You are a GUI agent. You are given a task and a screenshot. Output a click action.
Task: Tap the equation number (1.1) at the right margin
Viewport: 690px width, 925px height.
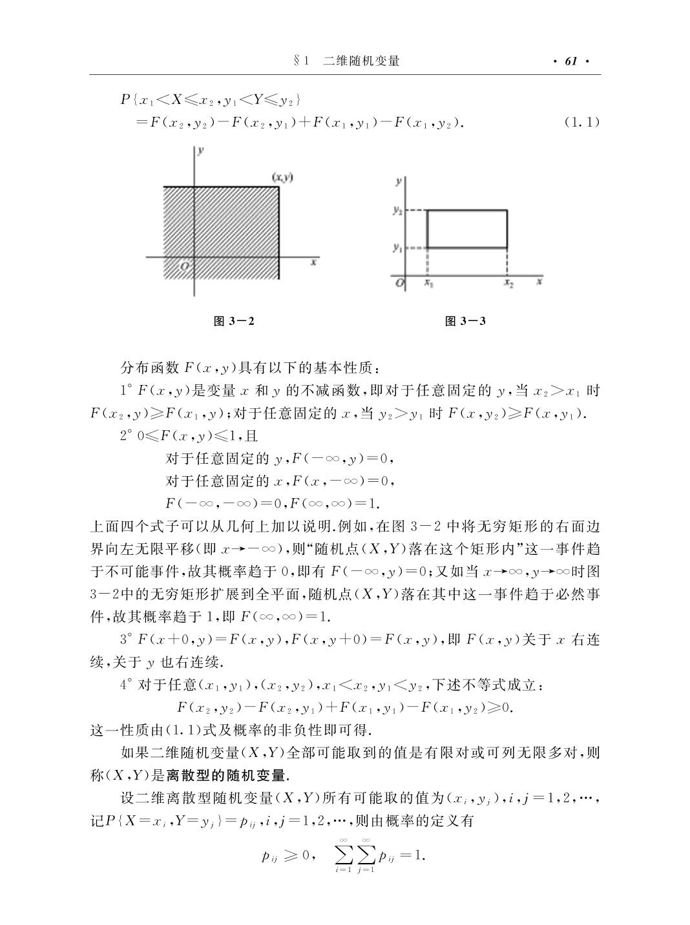point(581,121)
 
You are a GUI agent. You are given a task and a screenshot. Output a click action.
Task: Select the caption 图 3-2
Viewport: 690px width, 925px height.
point(233,321)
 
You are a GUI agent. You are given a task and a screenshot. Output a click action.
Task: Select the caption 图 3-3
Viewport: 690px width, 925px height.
point(465,321)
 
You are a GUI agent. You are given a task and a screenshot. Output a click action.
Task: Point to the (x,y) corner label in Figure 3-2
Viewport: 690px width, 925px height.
point(282,177)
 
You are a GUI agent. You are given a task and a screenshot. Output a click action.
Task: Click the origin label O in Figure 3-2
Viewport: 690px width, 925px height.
point(185,265)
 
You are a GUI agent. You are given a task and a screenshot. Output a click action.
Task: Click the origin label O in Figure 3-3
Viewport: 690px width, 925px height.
point(399,283)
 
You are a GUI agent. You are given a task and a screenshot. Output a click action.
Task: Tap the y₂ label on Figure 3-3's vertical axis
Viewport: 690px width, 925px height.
point(398,211)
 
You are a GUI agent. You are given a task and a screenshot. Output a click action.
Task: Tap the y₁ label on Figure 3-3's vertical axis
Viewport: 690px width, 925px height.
point(398,247)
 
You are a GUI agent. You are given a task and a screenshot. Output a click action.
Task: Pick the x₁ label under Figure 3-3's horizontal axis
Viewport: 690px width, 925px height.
point(428,283)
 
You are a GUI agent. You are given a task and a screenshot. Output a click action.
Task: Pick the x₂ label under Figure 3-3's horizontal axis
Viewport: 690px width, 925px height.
point(508,283)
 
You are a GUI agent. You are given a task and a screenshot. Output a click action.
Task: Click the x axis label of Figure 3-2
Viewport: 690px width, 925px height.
point(313,263)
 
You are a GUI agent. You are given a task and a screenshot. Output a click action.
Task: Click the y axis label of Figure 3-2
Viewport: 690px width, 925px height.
point(202,151)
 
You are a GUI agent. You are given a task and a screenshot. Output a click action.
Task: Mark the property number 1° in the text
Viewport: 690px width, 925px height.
point(125,391)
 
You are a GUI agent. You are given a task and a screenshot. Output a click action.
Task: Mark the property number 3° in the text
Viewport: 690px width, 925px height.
point(125,640)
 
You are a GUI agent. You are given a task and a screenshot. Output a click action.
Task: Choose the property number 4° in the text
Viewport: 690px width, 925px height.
point(125,685)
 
